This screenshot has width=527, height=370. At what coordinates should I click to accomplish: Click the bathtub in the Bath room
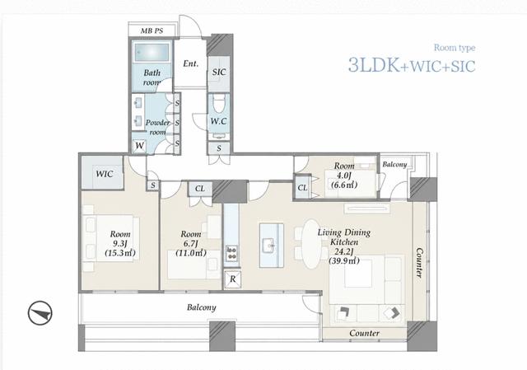[152, 53]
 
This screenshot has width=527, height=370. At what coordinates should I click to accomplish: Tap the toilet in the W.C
[219, 103]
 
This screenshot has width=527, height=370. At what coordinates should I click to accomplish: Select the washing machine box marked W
[139, 147]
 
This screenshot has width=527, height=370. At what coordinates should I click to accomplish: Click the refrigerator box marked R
[232, 279]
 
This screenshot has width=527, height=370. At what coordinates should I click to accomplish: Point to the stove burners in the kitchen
[231, 253]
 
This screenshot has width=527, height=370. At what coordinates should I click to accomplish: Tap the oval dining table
[311, 244]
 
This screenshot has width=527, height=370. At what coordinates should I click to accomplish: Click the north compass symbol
[40, 313]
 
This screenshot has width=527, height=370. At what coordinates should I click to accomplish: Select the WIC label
[105, 174]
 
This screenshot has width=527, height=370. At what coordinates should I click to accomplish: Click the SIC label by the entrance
[219, 72]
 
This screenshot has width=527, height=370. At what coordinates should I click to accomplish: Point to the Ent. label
[190, 63]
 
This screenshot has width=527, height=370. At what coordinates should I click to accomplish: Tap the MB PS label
[152, 31]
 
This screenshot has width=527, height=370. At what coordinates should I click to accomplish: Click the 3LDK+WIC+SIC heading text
[412, 65]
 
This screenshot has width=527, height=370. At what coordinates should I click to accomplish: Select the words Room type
[455, 48]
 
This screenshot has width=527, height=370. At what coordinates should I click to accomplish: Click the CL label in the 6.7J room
[199, 189]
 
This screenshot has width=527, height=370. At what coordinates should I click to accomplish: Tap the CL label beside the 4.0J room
[302, 188]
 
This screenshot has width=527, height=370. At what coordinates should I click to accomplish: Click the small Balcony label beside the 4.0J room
[394, 165]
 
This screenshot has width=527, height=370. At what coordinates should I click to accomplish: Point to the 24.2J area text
[344, 251]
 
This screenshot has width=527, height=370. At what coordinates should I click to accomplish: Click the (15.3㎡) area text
[120, 253]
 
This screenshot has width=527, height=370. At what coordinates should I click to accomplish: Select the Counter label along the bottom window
[364, 334]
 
